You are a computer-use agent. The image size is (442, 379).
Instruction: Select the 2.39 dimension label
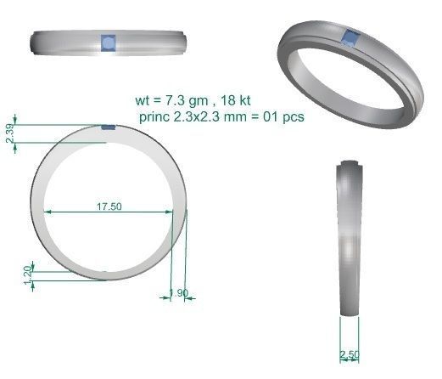tap(9, 133)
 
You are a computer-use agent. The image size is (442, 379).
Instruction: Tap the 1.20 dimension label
tap(27, 274)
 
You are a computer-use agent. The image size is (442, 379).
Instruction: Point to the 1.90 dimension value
tap(178, 293)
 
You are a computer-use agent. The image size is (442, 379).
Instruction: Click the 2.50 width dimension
tap(349, 354)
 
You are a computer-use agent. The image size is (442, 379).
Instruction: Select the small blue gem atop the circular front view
tap(108, 127)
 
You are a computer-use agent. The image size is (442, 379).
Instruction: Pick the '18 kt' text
tap(240, 98)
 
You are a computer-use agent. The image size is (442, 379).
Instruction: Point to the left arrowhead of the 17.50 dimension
tap(48, 211)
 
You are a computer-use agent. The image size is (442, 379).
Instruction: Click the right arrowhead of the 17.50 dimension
tap(182, 211)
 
